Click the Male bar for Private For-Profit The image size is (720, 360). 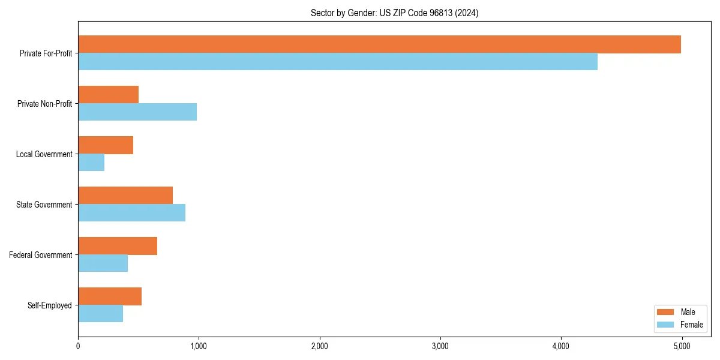(379, 44)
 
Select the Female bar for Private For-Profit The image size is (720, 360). (338, 62)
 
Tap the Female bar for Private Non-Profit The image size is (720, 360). (137, 112)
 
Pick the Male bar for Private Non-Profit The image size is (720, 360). (109, 95)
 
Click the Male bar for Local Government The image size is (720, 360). (106, 145)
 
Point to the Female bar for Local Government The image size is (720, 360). (91, 163)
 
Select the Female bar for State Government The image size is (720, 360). (132, 213)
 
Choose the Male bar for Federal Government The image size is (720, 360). (118, 246)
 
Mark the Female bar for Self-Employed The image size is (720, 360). (101, 314)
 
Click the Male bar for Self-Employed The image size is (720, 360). (110, 296)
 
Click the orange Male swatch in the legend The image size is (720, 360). (666, 312)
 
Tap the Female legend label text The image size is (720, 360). (692, 325)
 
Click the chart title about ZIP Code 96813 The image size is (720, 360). (394, 13)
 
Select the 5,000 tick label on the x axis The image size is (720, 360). (682, 346)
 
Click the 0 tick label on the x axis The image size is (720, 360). (78, 346)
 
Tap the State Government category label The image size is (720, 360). (44, 205)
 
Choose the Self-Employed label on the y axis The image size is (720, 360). (50, 305)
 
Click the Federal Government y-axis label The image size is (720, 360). (41, 255)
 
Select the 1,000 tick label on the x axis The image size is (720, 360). (199, 346)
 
